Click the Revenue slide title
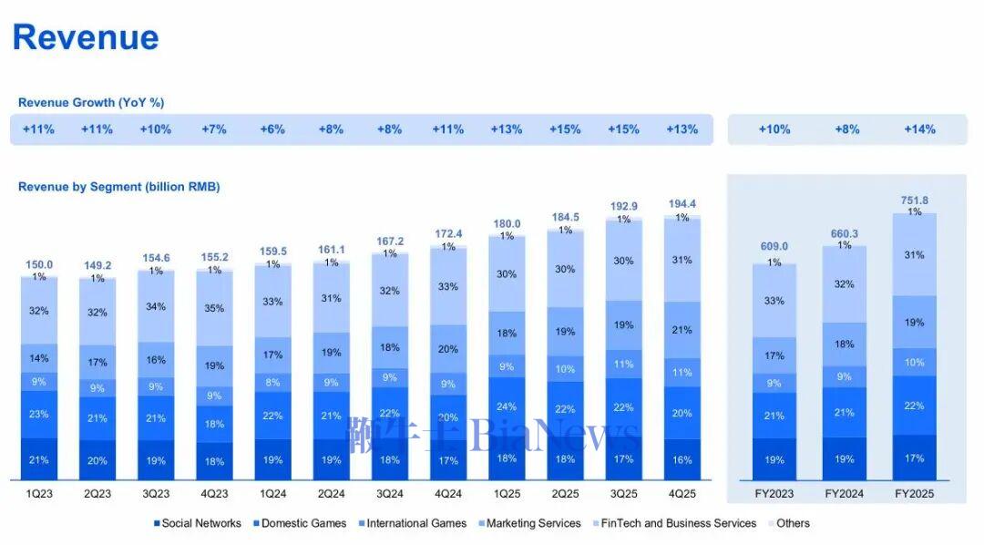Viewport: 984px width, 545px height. coord(86,37)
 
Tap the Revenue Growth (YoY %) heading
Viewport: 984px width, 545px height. coord(91,103)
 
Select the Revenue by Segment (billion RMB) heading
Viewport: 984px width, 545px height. coord(118,187)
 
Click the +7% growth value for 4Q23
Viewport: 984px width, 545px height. coord(214,129)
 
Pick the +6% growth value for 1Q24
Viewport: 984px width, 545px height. coord(272,129)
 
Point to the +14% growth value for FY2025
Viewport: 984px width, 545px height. coord(919,129)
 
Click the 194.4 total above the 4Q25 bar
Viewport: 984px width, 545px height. coord(682,204)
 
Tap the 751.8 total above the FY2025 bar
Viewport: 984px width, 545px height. coord(915,201)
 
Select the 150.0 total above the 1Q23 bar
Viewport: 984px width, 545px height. coord(38,264)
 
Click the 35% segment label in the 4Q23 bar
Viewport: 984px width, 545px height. coord(214,309)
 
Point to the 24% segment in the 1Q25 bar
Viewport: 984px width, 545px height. coord(507,406)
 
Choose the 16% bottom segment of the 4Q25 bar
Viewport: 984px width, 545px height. coord(682,460)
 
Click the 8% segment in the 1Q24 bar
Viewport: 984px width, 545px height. coord(272,383)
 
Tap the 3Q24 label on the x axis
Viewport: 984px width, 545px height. coord(390,494)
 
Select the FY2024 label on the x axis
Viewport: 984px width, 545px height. coord(845,494)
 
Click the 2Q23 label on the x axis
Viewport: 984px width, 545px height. coord(97,494)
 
